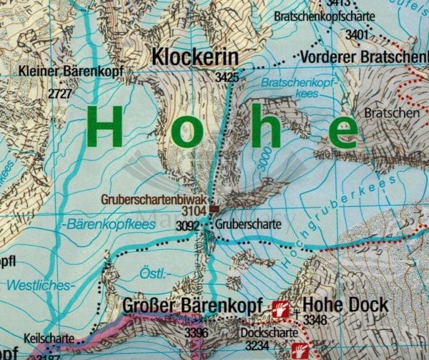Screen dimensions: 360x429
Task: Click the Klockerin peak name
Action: [x=194, y=56]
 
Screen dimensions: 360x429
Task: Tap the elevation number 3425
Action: [x=226, y=76]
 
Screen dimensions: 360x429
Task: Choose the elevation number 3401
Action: [x=356, y=34]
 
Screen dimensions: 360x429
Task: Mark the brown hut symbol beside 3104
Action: [x=214, y=210]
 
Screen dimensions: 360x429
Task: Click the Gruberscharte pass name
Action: [x=244, y=224]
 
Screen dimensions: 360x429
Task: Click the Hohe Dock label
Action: [x=345, y=304]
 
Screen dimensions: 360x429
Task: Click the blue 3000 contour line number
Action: [x=265, y=166]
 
